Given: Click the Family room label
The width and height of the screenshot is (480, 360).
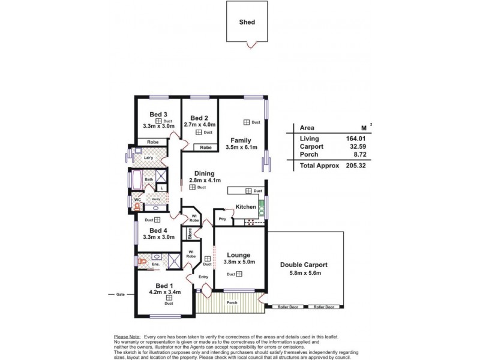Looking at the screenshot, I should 240,140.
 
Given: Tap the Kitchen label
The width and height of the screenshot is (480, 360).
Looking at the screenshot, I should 246,207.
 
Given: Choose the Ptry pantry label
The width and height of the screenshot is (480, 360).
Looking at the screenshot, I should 222,218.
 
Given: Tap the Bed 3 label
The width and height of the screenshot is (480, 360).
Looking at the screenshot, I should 158,114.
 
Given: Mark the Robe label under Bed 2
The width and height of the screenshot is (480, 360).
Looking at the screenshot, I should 205,147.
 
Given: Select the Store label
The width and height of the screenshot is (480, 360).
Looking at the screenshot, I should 190,233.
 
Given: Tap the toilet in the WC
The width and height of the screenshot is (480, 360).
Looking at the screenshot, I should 137,206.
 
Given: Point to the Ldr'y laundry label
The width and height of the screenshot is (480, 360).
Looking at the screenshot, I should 150,158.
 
